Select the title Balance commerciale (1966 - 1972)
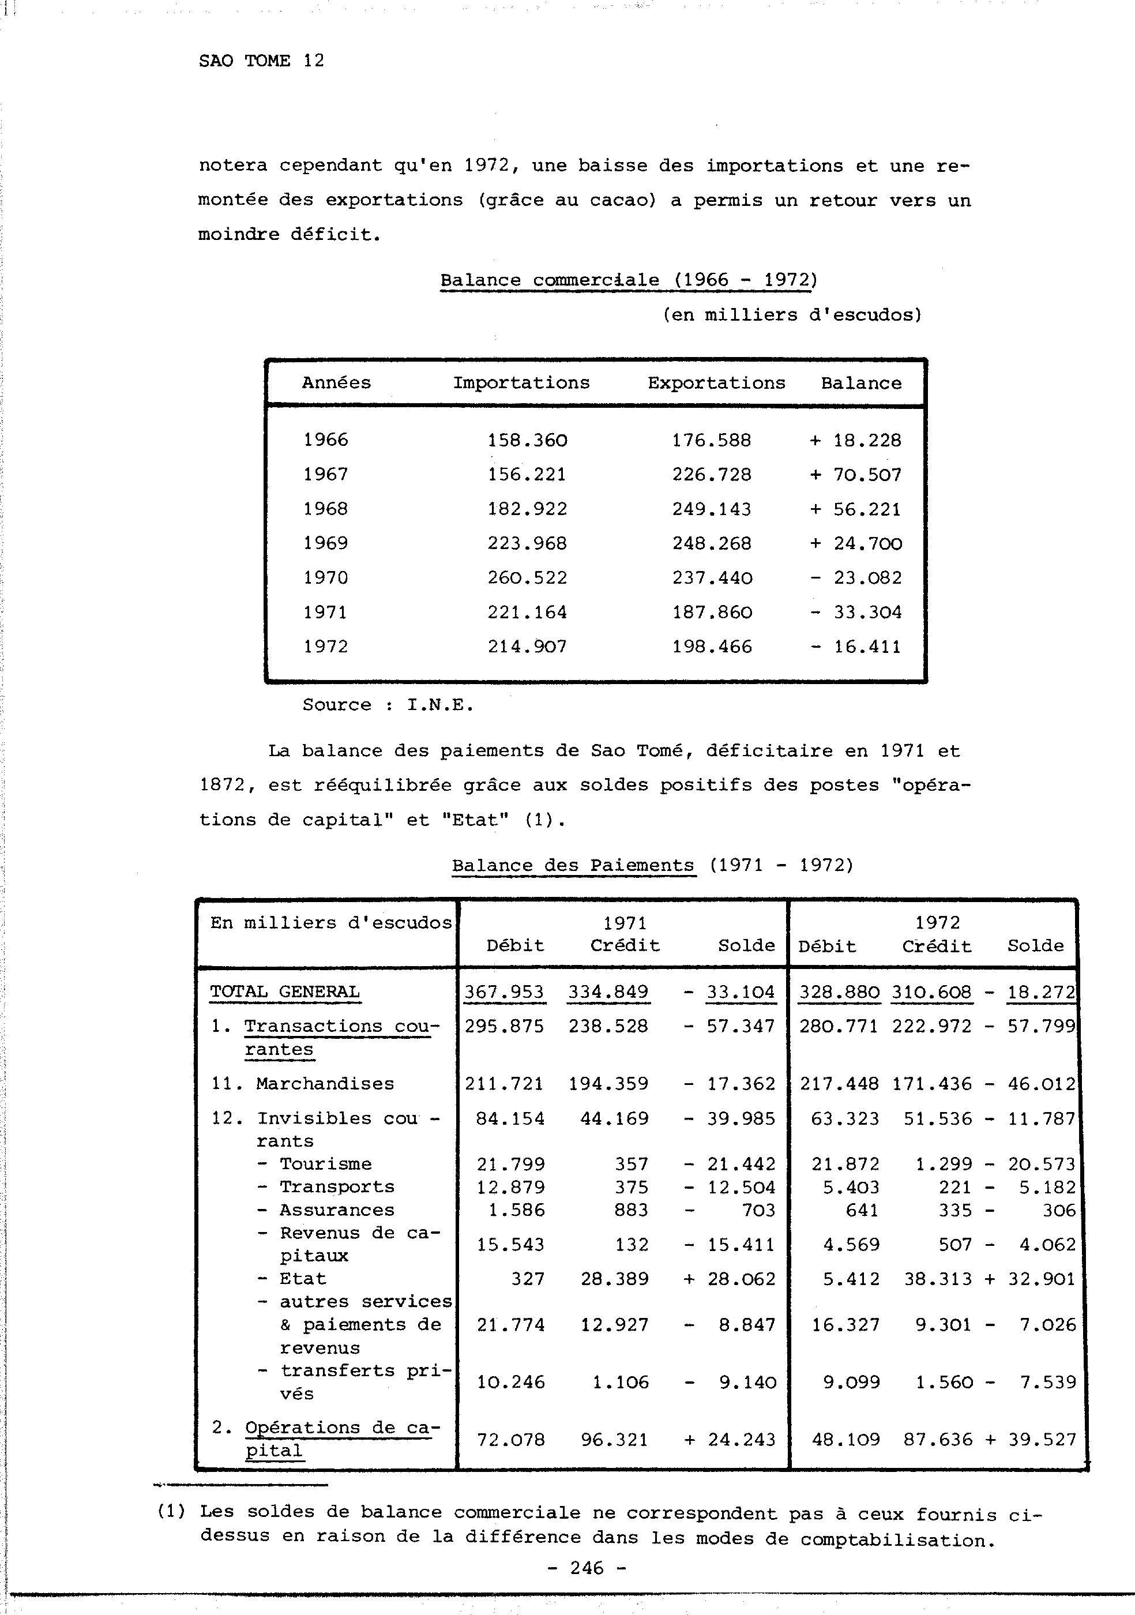[x=628, y=280]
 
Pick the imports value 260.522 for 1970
[x=527, y=577]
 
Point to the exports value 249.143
[x=711, y=509]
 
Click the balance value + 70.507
[x=855, y=475]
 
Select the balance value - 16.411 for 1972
[x=855, y=647]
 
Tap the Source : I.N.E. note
[x=388, y=705]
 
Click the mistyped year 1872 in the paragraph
[x=222, y=785]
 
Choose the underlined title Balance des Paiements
[x=573, y=865]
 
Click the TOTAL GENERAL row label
[x=285, y=992]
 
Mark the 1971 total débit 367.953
[x=503, y=992]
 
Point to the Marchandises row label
[x=324, y=1084]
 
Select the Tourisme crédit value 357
[x=631, y=1164]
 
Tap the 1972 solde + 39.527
[x=1031, y=1440]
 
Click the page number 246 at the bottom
[x=587, y=1568]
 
